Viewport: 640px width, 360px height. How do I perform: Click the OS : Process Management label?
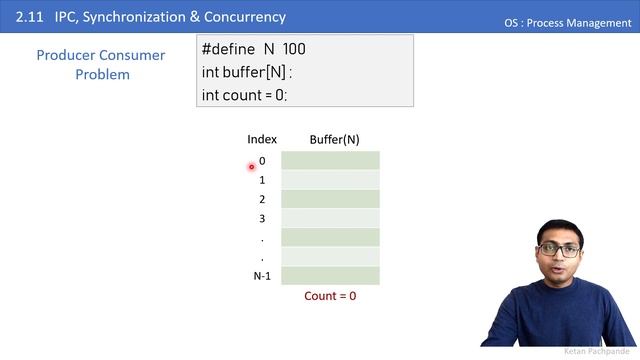click(568, 23)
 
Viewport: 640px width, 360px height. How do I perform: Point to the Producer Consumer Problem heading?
click(101, 65)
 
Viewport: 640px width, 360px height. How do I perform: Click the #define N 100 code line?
click(253, 49)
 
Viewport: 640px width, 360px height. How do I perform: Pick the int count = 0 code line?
click(244, 95)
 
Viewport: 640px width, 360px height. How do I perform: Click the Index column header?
click(262, 140)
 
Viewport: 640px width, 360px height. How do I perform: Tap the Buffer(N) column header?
click(334, 140)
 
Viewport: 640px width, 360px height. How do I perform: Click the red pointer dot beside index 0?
click(251, 167)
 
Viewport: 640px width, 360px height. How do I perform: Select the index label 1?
click(262, 180)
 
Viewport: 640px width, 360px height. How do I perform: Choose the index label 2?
click(262, 199)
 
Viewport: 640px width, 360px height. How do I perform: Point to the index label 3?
click(262, 218)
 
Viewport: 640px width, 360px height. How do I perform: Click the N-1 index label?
click(262, 276)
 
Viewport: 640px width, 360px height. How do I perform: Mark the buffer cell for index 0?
click(330, 161)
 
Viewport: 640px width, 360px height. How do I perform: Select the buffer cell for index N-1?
click(330, 276)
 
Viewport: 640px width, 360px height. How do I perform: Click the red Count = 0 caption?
click(330, 296)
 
